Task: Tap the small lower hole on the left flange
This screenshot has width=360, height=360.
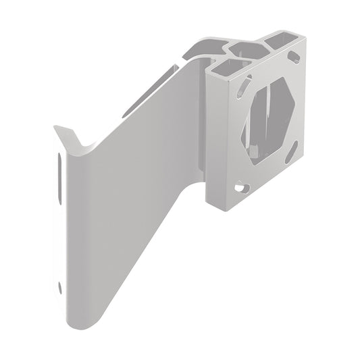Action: pos(61,288)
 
